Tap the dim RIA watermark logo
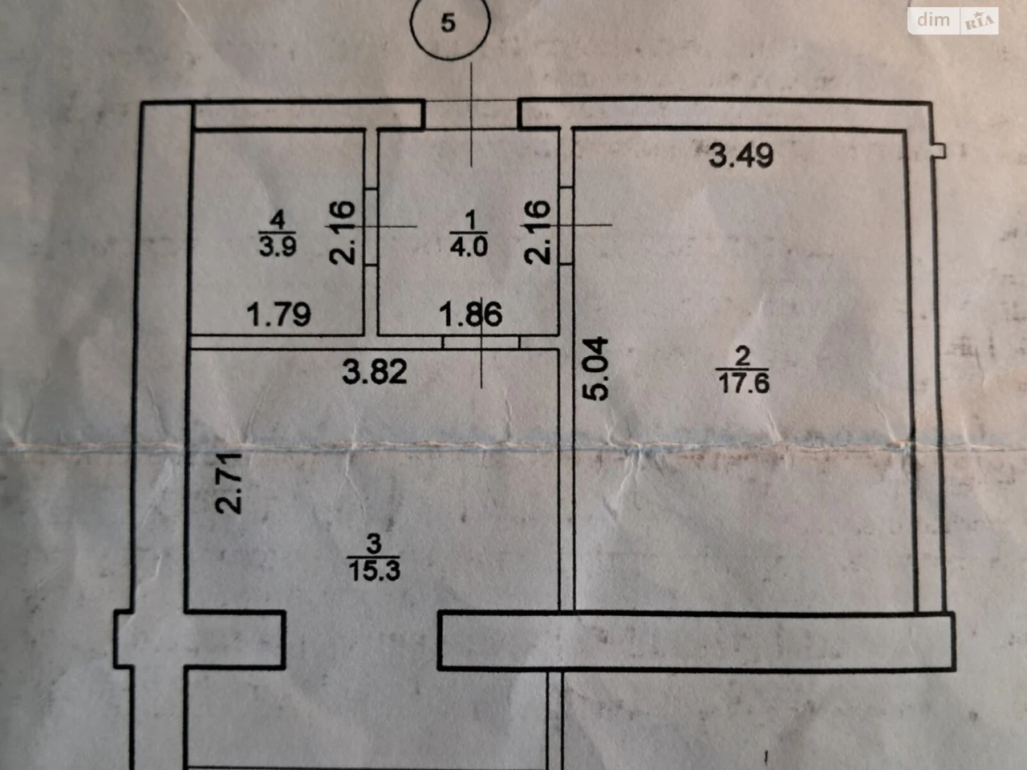[x=953, y=21]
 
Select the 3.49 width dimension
[x=741, y=156]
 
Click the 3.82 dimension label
[x=375, y=372]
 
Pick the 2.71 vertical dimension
[x=229, y=484]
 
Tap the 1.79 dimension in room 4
[x=278, y=314]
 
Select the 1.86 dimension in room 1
[x=471, y=314]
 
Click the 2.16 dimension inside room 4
[x=343, y=233]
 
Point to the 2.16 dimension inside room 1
[x=537, y=233]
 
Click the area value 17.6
[x=744, y=384]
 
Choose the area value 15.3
[x=375, y=570]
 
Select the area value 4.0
[x=469, y=246]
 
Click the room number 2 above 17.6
[x=743, y=356]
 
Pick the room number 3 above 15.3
[x=374, y=543]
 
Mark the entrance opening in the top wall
[x=471, y=114]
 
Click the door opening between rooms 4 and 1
[x=371, y=227]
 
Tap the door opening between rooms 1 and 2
[x=566, y=225]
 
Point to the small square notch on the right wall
[x=939, y=151]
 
